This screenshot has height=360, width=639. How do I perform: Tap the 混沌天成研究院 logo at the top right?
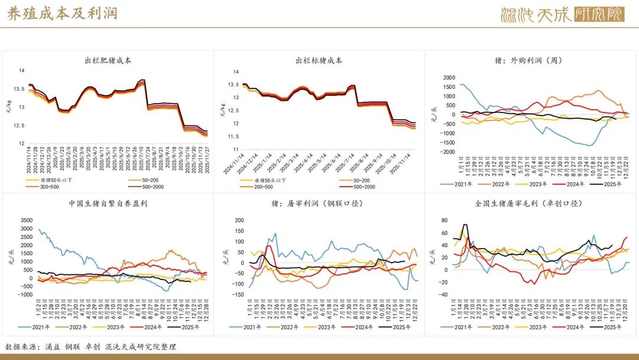tap(562, 14)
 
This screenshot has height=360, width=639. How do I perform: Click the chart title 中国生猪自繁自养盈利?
tap(108, 204)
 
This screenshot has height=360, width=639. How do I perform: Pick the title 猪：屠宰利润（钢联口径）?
tap(319, 204)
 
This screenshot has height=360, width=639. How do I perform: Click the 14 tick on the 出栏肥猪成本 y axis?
tap(22, 71)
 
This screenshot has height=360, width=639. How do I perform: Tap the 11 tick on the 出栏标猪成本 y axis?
tap(235, 149)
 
